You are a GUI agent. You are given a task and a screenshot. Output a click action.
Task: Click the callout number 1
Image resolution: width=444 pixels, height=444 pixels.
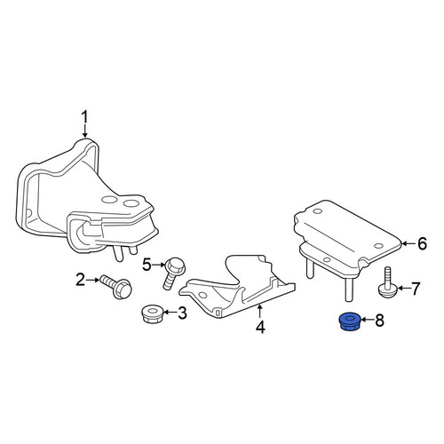click(x=85, y=117)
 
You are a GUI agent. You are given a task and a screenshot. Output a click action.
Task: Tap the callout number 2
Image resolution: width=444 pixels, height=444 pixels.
click(x=80, y=280)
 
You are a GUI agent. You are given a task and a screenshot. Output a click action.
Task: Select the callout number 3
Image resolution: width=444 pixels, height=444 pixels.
click(x=182, y=313)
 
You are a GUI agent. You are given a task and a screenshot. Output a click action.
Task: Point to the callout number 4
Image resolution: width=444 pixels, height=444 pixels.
click(x=260, y=327)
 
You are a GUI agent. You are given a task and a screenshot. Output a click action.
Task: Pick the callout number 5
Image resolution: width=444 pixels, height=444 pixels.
click(x=147, y=265)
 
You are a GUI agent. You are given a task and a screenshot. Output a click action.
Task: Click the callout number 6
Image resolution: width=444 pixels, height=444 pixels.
click(x=422, y=243)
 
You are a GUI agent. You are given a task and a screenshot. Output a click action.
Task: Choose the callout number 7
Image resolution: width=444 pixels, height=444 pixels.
click(x=416, y=289)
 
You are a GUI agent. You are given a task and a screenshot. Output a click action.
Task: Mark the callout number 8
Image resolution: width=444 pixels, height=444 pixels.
click(x=379, y=320)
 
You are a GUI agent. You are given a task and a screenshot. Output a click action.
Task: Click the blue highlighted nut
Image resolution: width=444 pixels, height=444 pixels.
click(x=350, y=321)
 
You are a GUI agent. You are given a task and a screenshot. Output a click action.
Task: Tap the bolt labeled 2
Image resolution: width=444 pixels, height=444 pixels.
click(x=116, y=287)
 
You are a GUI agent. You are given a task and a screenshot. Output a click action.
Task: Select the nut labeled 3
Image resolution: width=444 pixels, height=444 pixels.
click(x=151, y=314)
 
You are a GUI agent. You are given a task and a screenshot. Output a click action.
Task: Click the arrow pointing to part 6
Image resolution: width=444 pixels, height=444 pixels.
click(x=408, y=243)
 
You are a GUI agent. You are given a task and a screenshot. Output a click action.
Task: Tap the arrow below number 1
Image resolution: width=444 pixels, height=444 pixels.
click(x=85, y=131)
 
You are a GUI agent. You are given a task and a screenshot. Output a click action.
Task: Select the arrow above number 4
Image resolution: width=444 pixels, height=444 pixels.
click(x=260, y=312)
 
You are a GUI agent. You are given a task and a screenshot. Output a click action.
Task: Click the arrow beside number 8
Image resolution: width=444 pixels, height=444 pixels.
click(x=368, y=320)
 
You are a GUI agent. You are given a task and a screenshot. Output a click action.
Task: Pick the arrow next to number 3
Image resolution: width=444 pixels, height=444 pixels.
click(x=170, y=313)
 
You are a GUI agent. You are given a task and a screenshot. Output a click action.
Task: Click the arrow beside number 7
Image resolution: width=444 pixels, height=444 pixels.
click(x=404, y=288)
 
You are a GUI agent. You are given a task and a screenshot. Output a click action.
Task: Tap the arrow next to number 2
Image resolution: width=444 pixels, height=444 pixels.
click(x=92, y=280)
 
